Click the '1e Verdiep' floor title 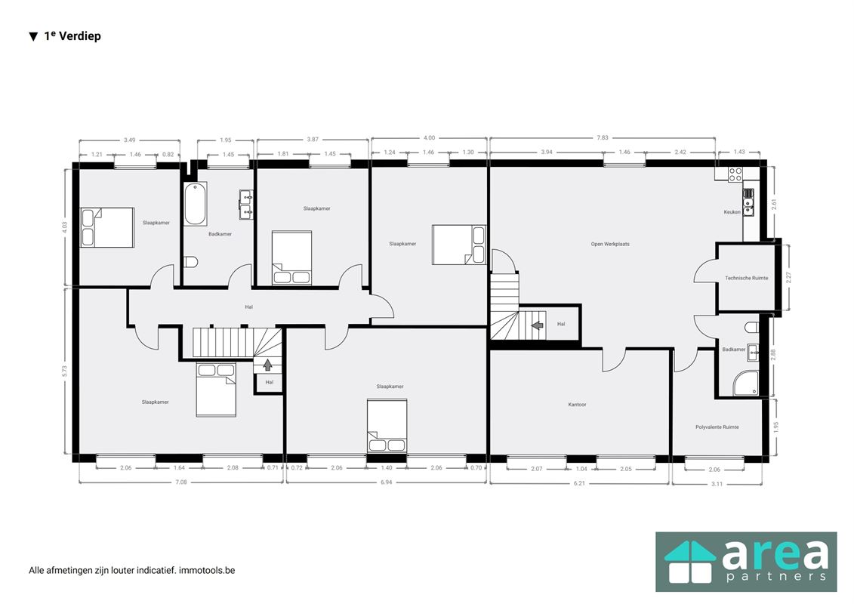point(72,36)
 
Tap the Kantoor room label point(578,405)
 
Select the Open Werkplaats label point(610,244)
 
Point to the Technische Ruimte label point(746,278)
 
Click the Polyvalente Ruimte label point(717,427)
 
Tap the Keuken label point(732,212)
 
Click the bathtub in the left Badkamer point(195,205)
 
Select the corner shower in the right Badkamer point(745,384)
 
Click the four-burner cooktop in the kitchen point(735,174)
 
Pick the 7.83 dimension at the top point(603,138)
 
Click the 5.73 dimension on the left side point(65,371)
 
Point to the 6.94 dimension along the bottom point(386,482)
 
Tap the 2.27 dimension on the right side point(788,277)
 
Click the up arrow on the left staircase point(267,365)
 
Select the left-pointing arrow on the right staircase point(538,325)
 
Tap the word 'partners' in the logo point(776,576)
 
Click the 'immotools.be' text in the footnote point(207,570)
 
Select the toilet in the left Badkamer point(190,262)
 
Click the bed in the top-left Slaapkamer point(107,228)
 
